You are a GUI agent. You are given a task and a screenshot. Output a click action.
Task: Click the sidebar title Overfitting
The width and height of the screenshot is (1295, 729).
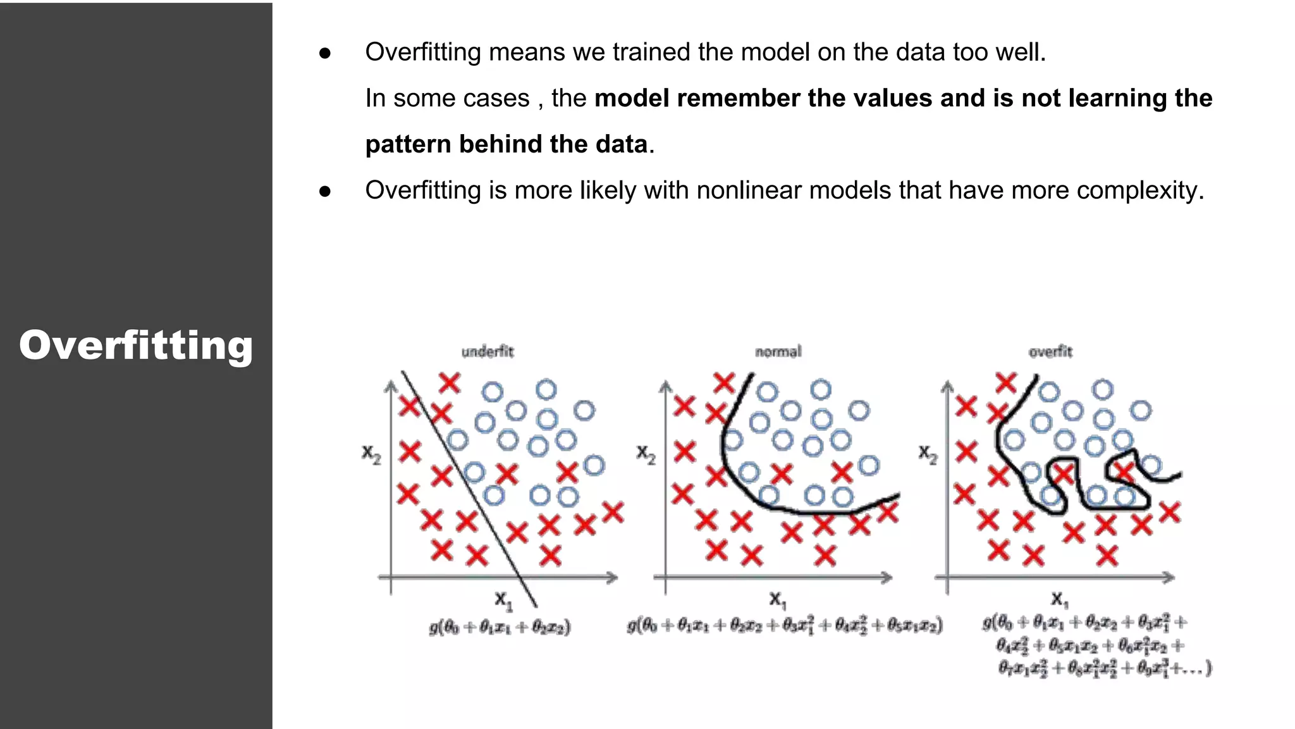(136, 346)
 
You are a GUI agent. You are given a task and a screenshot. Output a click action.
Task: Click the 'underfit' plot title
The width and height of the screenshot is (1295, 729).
(488, 352)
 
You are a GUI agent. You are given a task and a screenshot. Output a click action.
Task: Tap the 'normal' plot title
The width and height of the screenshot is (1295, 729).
(778, 352)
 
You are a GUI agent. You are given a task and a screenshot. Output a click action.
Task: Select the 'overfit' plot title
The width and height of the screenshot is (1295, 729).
(1050, 352)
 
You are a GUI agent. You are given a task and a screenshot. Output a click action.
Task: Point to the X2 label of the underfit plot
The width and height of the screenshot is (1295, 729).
(371, 454)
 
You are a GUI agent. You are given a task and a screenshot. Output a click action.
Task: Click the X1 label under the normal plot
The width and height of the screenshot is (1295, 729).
(777, 599)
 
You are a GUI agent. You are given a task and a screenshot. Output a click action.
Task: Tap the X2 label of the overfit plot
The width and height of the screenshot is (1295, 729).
(928, 454)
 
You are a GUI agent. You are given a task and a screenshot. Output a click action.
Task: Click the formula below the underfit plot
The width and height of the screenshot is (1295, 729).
(500, 627)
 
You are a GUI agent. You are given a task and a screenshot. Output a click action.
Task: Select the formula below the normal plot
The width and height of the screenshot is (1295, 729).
(785, 626)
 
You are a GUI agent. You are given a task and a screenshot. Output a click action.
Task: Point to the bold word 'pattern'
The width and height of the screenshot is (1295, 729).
(408, 145)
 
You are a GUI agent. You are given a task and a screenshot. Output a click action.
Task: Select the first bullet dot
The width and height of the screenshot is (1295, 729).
(325, 53)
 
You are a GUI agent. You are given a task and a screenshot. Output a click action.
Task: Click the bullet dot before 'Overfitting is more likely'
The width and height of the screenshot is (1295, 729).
(325, 191)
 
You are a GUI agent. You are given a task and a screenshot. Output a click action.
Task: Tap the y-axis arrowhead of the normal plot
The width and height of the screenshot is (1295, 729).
(665, 387)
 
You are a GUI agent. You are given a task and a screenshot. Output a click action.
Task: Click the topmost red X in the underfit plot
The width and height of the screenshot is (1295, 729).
(450, 383)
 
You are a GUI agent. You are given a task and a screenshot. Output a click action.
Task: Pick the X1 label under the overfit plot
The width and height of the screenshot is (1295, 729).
(1059, 599)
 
